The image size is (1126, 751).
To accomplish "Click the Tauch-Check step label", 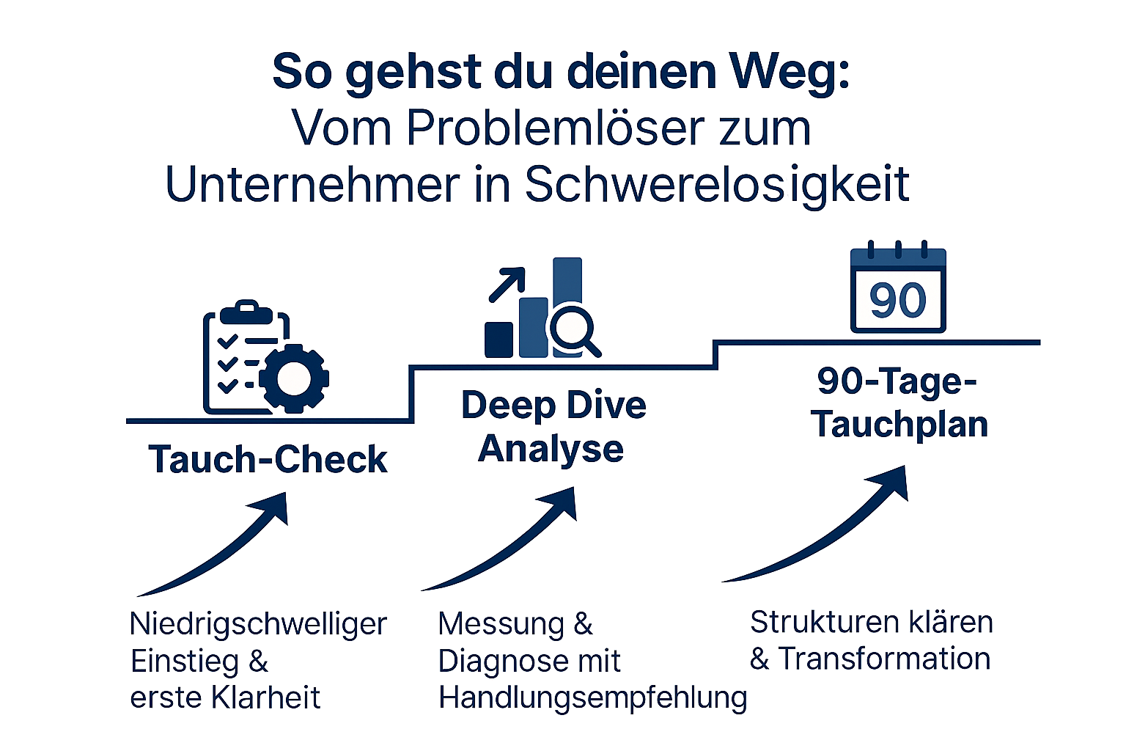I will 268,460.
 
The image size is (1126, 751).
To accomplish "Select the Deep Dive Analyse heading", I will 553,426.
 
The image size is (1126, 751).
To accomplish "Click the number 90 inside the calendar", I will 898,300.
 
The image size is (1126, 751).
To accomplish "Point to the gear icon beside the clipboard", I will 294,378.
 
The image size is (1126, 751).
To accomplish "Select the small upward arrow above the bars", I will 507,285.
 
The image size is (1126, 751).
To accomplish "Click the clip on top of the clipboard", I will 246,312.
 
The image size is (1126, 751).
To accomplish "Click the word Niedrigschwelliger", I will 258,624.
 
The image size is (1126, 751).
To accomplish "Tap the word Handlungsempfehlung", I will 592,697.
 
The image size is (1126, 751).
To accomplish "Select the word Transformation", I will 884,659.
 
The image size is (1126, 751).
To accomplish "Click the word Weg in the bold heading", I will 789,72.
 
